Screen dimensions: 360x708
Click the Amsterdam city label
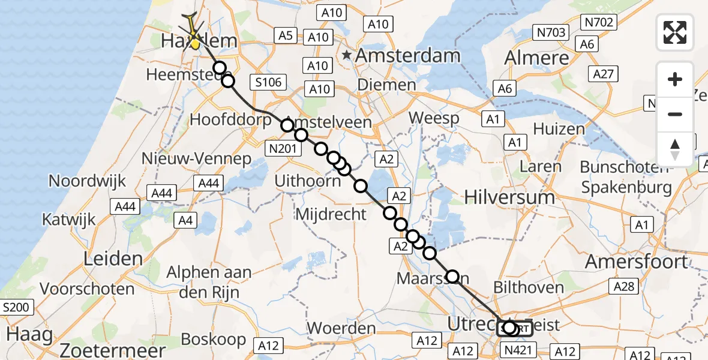point(408,56)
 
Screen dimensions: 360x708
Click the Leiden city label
point(113,259)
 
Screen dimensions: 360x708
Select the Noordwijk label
point(88,181)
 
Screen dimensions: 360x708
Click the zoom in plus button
point(675,80)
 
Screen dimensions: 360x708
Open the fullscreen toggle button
point(675,32)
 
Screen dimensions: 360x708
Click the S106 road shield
point(268,83)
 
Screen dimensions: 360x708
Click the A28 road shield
point(624,287)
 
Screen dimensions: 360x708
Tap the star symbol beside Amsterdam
point(347,56)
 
